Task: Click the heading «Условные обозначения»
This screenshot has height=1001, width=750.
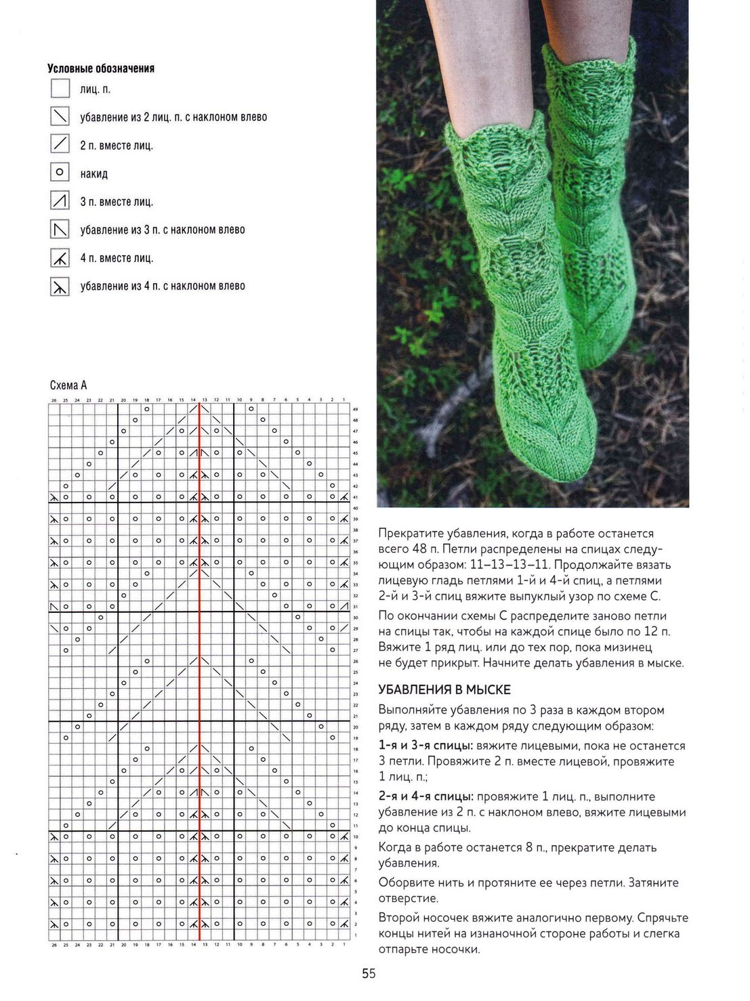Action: [x=101, y=68]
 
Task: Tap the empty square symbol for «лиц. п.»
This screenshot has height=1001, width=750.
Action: [x=60, y=89]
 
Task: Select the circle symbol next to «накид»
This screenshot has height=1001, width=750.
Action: [x=60, y=173]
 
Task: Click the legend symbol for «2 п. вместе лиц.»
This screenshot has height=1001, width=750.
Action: [x=60, y=144]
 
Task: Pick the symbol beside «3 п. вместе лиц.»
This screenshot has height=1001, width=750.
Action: [x=60, y=201]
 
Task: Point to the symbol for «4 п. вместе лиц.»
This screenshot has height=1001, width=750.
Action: [x=60, y=258]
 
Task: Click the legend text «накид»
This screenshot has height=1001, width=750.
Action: [x=93, y=174]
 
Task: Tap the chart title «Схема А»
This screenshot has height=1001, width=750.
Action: [x=68, y=385]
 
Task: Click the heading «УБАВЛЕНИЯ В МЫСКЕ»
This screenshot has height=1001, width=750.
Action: [x=444, y=689]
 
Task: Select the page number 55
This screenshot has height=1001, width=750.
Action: [x=369, y=974]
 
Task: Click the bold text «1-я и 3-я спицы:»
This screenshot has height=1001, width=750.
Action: [x=425, y=746]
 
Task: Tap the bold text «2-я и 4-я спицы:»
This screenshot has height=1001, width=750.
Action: [x=425, y=796]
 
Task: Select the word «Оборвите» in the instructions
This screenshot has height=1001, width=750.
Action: [x=405, y=882]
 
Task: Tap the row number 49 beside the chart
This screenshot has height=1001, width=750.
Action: [x=355, y=410]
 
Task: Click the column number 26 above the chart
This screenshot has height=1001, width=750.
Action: [x=54, y=400]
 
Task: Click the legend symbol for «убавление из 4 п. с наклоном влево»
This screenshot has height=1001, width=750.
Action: [x=60, y=287]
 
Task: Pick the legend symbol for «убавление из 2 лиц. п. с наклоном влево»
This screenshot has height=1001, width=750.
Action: [x=60, y=116]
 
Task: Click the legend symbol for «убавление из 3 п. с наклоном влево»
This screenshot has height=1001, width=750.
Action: [x=60, y=230]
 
